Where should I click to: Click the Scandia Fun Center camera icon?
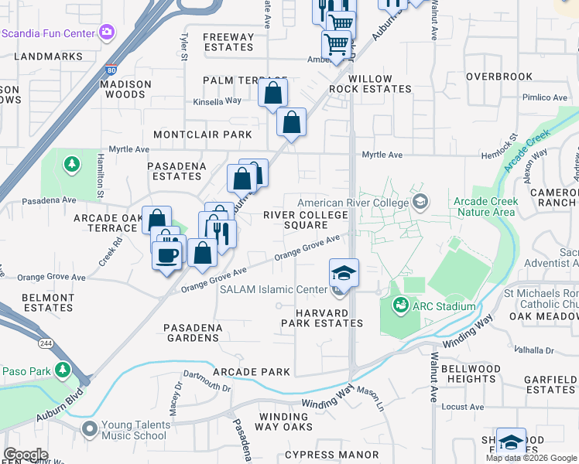pos(106,33)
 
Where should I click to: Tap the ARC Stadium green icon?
pos(400,306)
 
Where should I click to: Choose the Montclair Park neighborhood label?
pos(203,135)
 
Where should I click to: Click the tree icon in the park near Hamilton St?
pos(72,164)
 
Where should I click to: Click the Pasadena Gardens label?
pos(193,333)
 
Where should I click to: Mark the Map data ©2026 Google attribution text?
pos(530,458)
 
